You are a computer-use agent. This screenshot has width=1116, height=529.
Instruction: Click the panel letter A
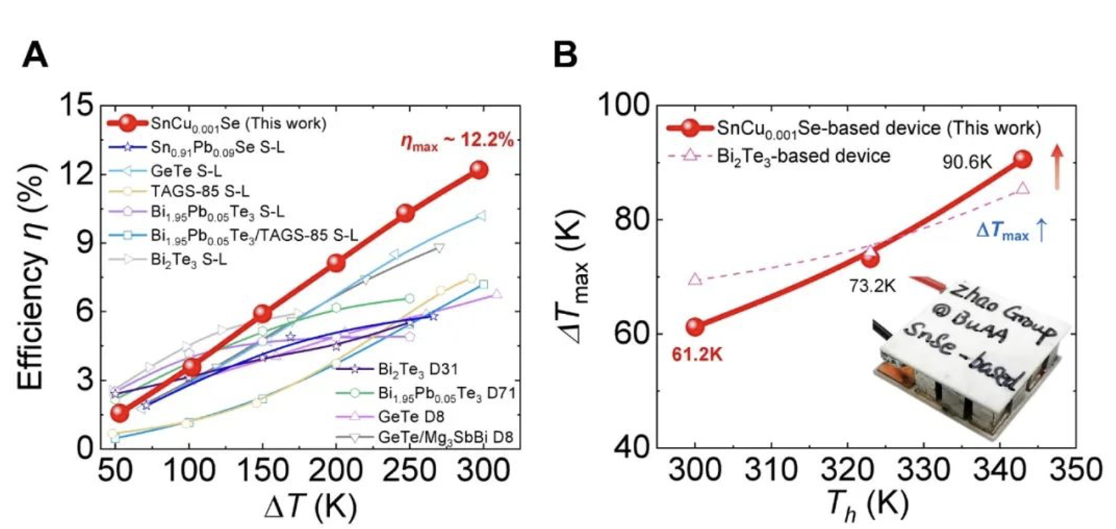click(x=35, y=55)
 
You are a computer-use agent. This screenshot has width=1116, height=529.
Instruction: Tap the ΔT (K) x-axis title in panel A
click(x=300, y=507)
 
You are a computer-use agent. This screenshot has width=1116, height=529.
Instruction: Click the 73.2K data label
click(x=871, y=285)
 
